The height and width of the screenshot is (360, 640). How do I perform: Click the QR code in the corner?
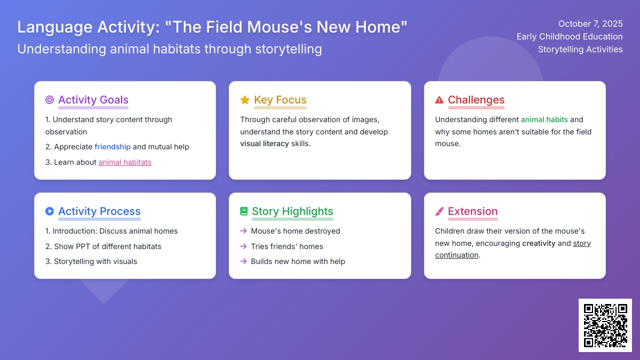click(605, 325)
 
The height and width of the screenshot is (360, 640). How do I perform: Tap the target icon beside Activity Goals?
click(50, 100)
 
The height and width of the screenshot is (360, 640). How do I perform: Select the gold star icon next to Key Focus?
click(245, 100)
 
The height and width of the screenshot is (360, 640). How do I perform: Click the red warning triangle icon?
click(439, 100)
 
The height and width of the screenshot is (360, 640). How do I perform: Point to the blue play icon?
click(50, 211)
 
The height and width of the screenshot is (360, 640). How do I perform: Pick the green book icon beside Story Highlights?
click(244, 211)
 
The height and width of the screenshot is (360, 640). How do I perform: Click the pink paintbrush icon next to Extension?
click(439, 211)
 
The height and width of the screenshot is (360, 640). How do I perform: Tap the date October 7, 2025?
click(590, 23)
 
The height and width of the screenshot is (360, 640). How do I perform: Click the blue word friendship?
click(113, 147)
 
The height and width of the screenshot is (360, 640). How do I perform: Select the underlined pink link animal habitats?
click(125, 162)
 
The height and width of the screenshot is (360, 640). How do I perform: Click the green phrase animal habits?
click(545, 119)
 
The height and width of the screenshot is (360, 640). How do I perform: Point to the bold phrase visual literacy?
click(265, 143)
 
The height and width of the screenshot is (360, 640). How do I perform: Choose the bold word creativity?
click(539, 243)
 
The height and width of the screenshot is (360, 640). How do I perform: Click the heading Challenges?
click(476, 100)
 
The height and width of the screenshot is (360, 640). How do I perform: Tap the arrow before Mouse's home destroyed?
click(243, 231)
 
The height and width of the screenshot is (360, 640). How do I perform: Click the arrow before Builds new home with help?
click(243, 261)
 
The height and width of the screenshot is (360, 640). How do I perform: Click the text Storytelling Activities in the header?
click(580, 49)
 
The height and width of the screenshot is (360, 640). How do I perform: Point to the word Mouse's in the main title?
click(278, 27)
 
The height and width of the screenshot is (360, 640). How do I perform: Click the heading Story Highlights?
click(292, 211)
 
